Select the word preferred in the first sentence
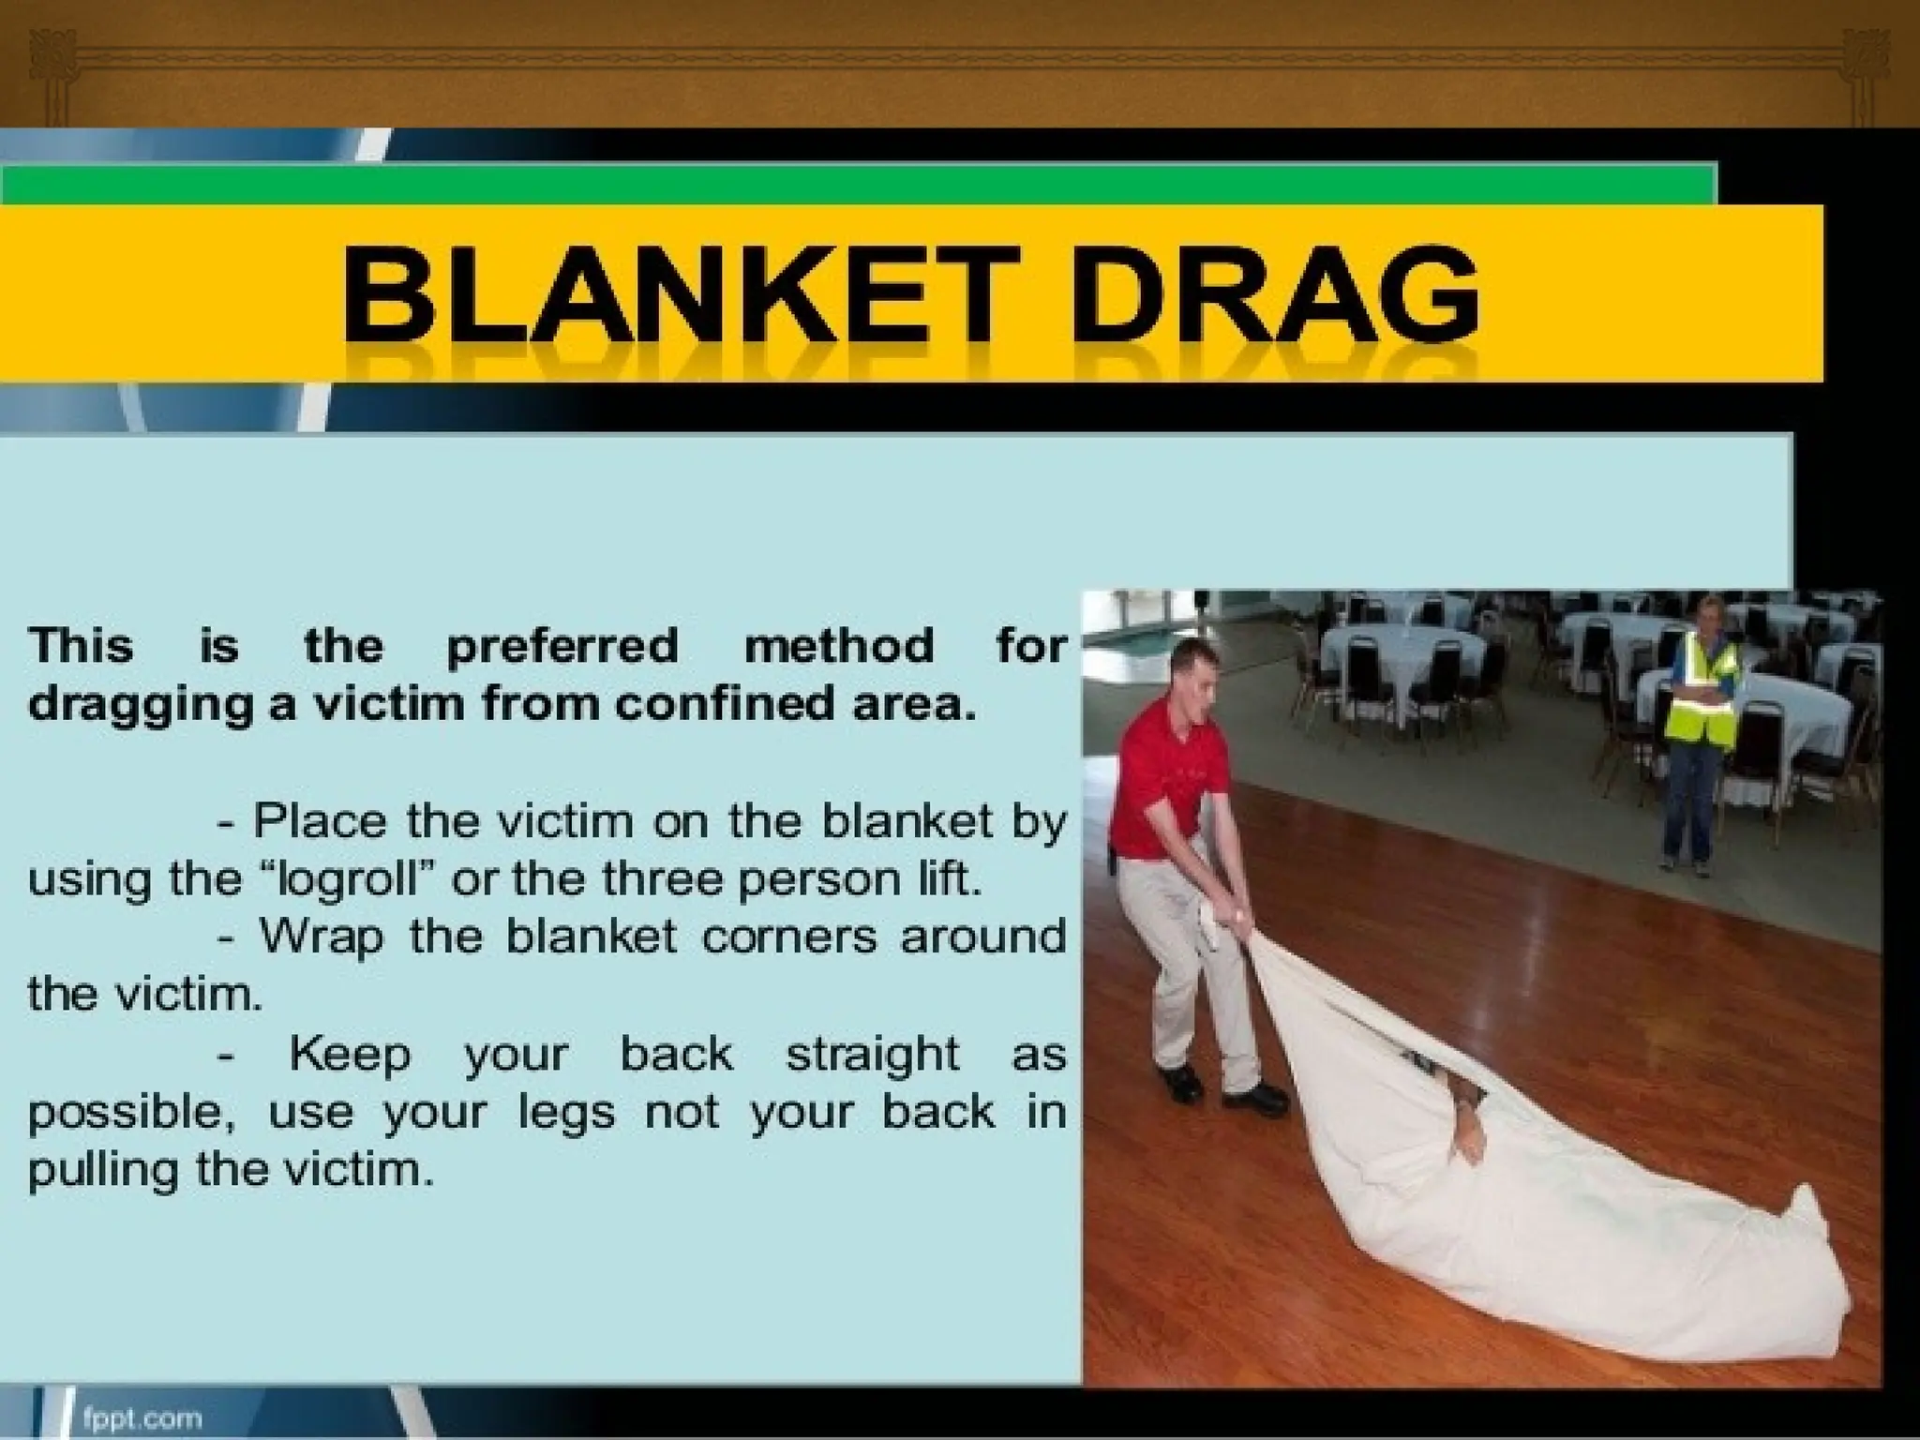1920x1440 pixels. [x=562, y=647]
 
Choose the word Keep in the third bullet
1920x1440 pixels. [x=349, y=1055]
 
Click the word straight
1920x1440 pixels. [x=872, y=1055]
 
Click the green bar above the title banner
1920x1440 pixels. [x=844, y=184]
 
